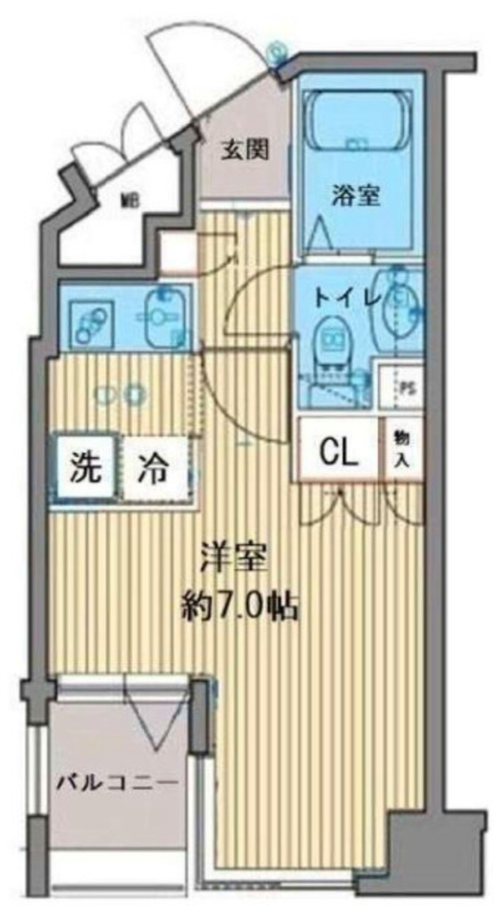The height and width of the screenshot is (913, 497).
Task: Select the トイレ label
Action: point(348,298)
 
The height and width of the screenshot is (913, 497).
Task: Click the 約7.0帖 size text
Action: point(239,607)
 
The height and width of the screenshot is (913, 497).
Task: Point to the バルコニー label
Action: point(117,782)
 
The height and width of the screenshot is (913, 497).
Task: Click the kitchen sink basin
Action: point(164,317)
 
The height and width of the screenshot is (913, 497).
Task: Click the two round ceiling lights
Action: point(120,394)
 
